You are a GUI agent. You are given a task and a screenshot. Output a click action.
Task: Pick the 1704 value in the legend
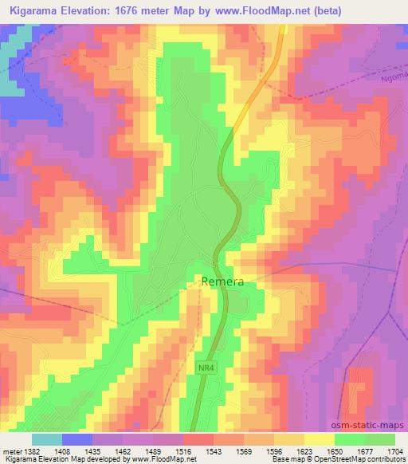[x=394, y=451]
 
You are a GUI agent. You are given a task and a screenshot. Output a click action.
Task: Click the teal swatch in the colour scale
[x=47, y=439]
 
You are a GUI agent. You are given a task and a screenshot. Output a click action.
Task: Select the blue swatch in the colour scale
[x=77, y=439]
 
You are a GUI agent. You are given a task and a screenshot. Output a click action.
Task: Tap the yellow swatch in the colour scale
[x=319, y=439]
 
